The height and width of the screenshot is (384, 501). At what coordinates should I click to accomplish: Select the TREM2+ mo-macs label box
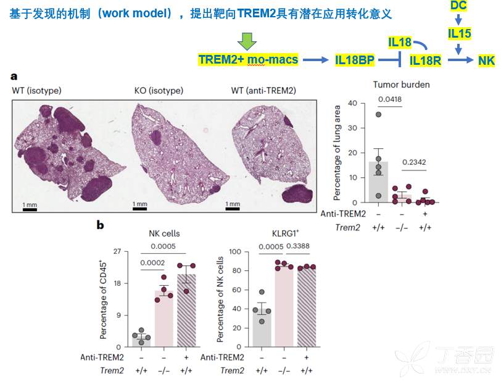tap(248, 59)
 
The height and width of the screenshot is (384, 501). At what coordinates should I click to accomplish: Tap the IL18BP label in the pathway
tap(355, 60)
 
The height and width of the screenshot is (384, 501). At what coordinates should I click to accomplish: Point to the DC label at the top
tap(458, 6)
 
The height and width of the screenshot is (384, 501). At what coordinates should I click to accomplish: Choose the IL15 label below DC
tap(458, 33)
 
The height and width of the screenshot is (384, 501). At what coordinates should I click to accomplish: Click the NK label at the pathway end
tap(486, 60)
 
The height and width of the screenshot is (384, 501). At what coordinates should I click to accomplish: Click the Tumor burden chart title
tap(401, 85)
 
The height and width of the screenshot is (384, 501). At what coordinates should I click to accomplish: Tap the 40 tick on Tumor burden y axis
tap(354, 103)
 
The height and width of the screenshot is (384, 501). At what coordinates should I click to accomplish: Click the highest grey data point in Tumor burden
tap(378, 114)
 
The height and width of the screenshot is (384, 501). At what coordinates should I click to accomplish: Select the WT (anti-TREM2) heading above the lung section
tap(263, 91)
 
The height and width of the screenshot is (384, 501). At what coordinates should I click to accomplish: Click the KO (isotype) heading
tap(159, 91)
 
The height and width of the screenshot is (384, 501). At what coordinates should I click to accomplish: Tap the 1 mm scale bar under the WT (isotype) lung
tap(30, 208)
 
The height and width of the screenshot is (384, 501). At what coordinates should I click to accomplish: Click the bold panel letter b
tap(101, 225)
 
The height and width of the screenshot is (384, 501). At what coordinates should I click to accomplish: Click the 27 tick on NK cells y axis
tap(117, 252)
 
